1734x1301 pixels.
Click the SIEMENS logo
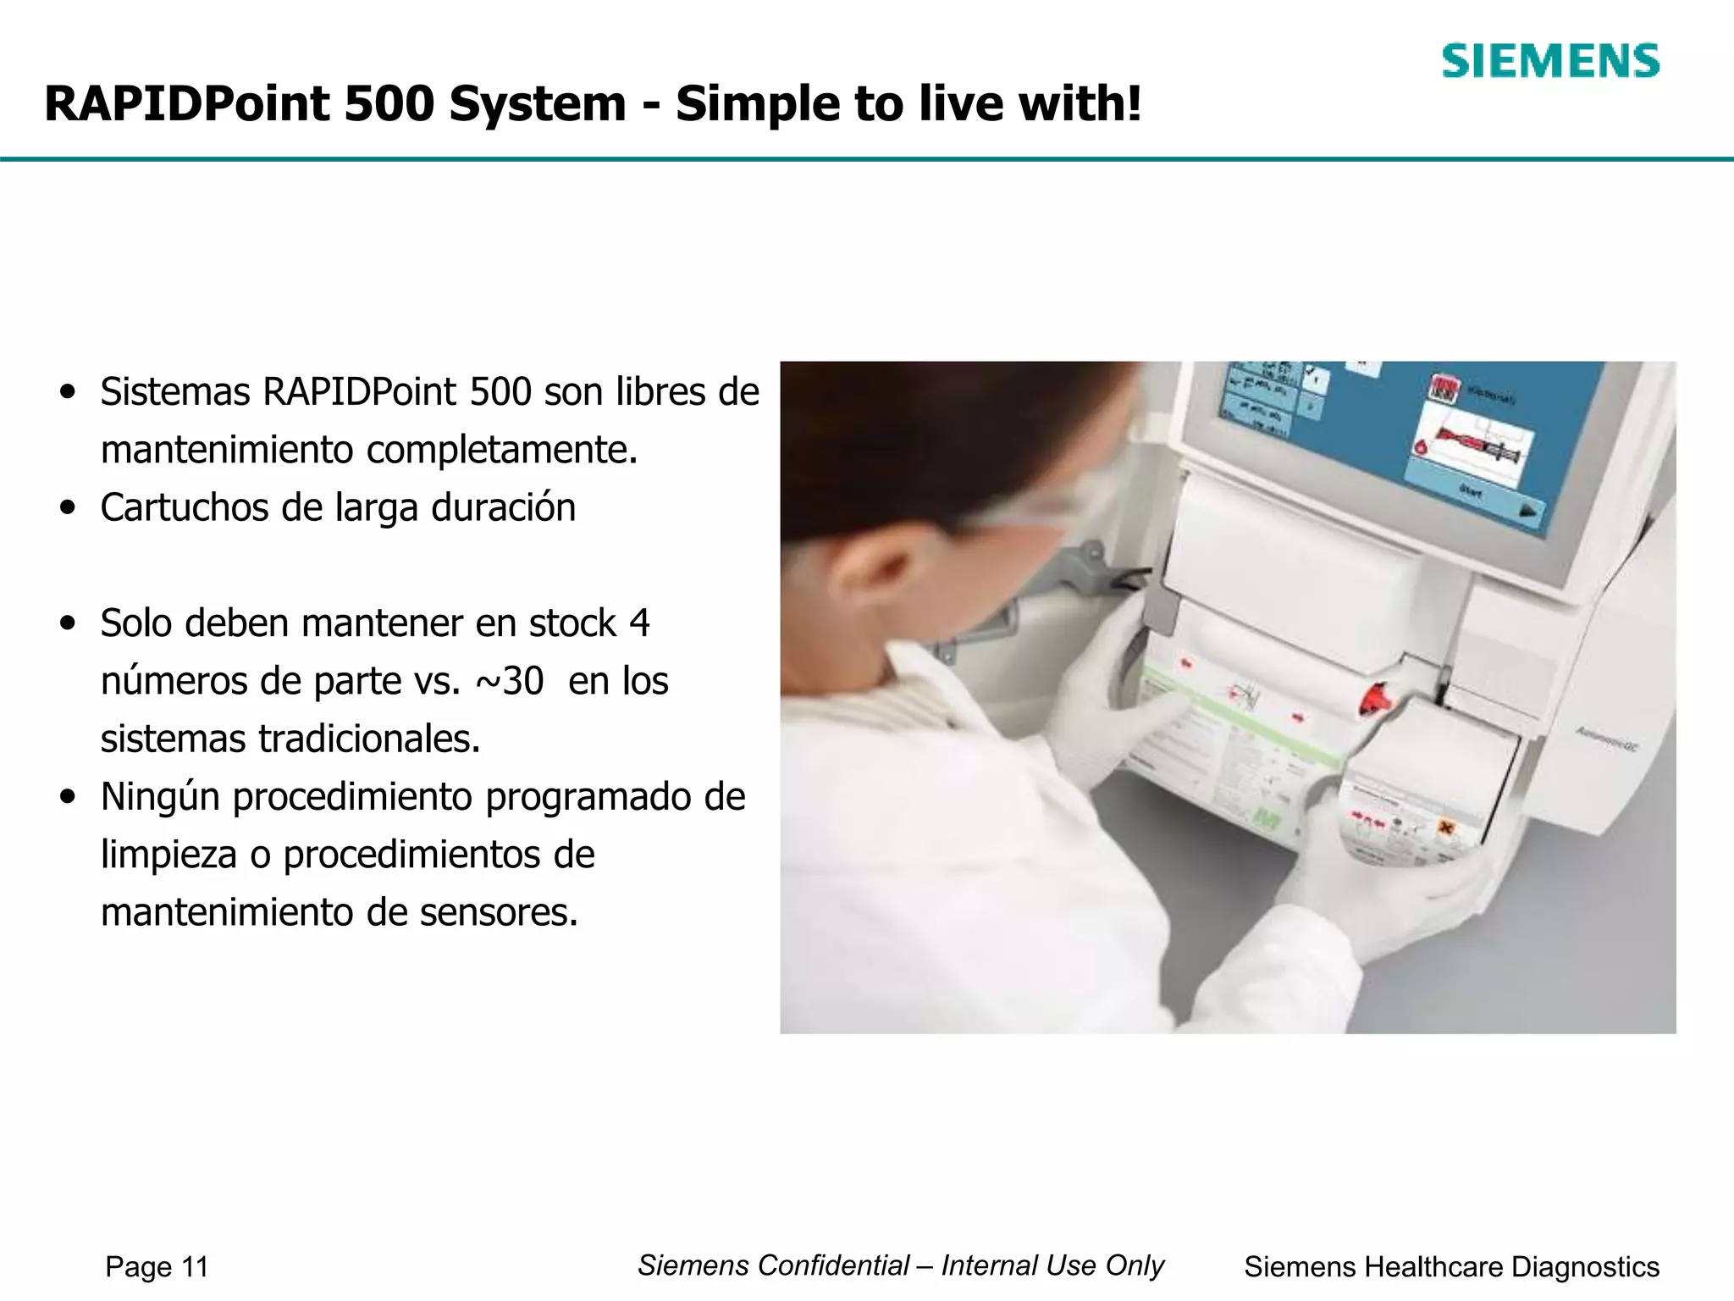tap(1550, 62)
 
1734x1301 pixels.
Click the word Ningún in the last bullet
tap(160, 797)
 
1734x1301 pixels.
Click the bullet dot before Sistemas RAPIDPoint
tap(69, 392)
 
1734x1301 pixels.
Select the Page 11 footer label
tap(157, 1267)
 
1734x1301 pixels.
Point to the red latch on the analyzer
tap(1376, 698)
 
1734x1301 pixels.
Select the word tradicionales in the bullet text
tap(369, 739)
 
